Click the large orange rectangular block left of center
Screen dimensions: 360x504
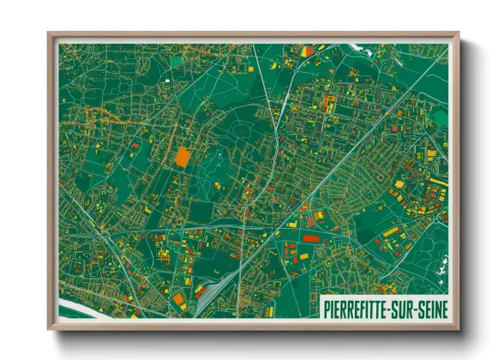[182, 156]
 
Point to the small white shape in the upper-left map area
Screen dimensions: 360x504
[169, 81]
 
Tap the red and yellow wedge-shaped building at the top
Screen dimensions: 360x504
[308, 51]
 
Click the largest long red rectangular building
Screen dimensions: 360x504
[309, 232]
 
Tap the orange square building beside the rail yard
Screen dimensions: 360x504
[179, 299]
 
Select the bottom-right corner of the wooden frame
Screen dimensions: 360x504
[459, 328]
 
